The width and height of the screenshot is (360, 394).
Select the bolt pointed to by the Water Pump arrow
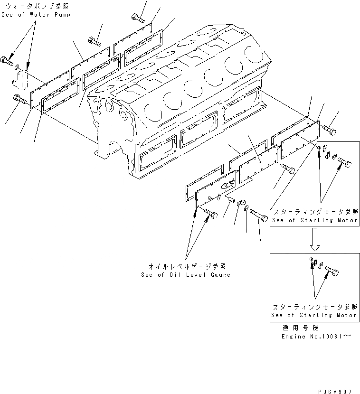click(7, 60)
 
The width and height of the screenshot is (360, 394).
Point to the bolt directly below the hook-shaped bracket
click(19, 100)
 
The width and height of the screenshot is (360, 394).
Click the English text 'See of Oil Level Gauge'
click(186, 275)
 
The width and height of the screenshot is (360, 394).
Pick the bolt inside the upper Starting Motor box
click(346, 165)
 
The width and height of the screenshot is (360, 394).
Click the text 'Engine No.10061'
click(311, 337)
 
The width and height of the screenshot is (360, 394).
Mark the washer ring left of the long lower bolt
click(246, 208)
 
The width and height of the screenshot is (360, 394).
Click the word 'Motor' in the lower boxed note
click(345, 315)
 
